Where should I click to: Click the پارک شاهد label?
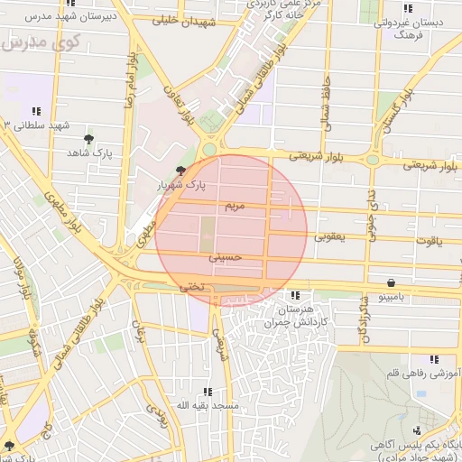click(x=88, y=154)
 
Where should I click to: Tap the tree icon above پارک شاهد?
click(x=88, y=139)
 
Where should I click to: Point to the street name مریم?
click(x=233, y=206)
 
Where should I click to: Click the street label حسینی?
click(x=226, y=257)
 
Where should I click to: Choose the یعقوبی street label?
click(x=328, y=237)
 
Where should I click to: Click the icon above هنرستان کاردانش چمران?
click(x=294, y=295)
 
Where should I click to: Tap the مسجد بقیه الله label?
click(x=207, y=406)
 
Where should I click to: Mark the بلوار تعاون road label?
click(x=180, y=105)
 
